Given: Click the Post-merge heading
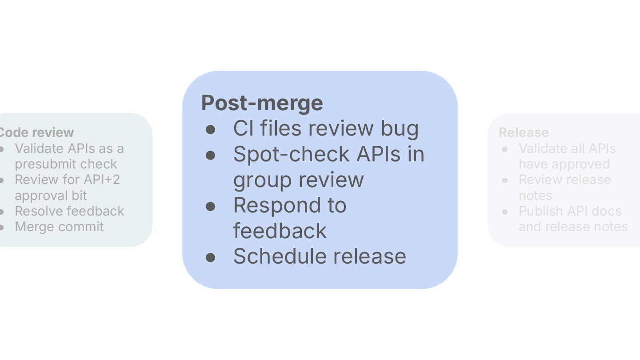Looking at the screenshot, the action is (262, 103).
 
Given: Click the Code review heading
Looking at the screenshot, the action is (36, 132).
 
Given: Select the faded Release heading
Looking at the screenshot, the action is (524, 132).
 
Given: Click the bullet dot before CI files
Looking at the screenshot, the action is (211, 130).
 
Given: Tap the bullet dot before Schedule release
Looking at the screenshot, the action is (211, 258).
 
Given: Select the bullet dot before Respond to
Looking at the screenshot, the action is (211, 207).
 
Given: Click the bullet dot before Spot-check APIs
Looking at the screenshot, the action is (211, 156).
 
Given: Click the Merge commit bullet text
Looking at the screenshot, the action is (59, 227).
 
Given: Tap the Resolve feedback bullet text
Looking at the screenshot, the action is (69, 211).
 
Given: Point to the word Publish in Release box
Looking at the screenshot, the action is (539, 211).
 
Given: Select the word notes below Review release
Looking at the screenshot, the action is (536, 196).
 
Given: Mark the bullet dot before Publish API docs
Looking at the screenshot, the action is (505, 212).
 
